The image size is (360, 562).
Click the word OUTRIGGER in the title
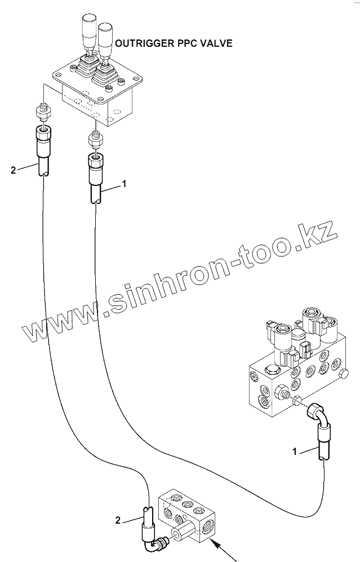tap(143, 43)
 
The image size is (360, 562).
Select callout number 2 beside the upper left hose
tap(13, 168)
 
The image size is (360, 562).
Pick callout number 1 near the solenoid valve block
tap(294, 451)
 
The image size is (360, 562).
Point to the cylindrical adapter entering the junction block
tap(180, 534)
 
